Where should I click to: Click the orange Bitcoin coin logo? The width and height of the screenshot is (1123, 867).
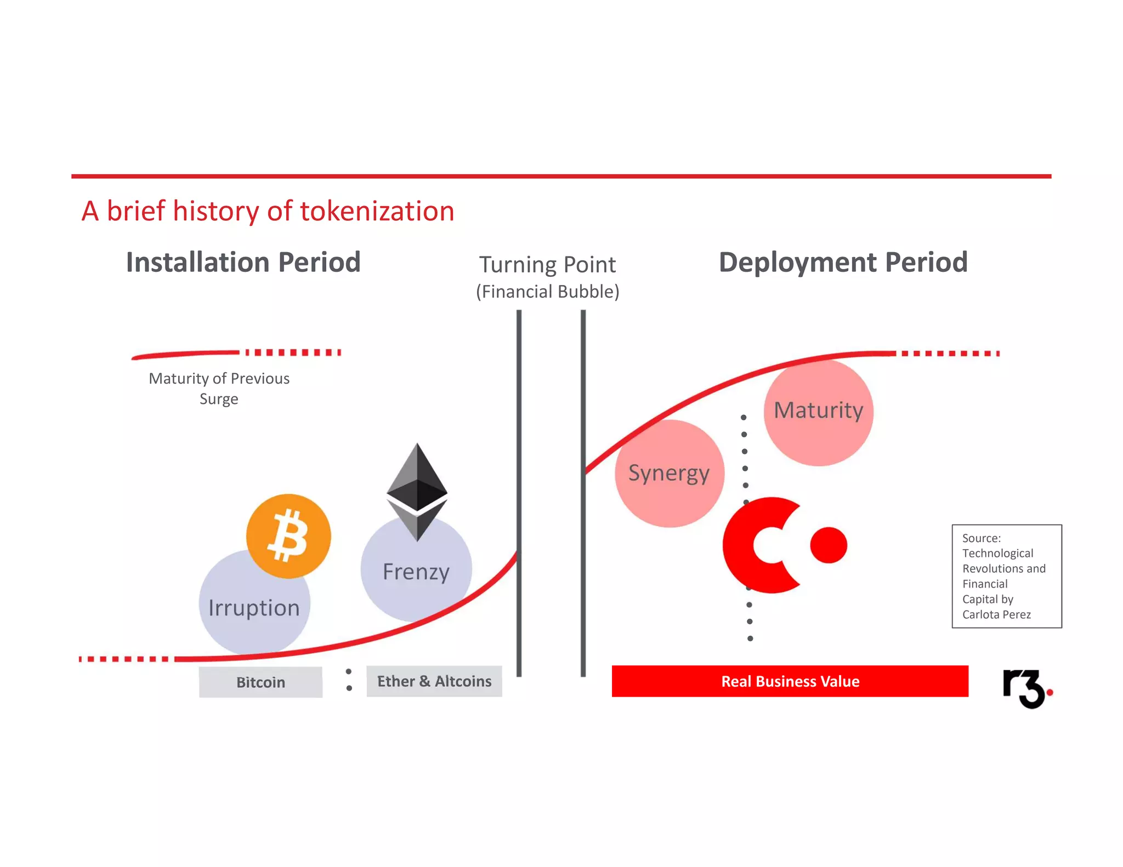(x=288, y=536)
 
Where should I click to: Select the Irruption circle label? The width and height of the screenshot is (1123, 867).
(x=254, y=608)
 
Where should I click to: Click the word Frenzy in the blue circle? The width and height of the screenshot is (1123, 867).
(x=416, y=572)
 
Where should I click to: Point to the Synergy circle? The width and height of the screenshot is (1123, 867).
(x=669, y=474)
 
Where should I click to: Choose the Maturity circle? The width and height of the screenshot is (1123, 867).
(x=818, y=411)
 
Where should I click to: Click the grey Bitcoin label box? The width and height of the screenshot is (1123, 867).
(x=260, y=682)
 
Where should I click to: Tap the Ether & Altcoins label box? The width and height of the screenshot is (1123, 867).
(x=434, y=681)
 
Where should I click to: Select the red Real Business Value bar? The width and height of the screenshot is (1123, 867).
(x=790, y=681)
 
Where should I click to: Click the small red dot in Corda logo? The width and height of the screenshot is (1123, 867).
(x=829, y=545)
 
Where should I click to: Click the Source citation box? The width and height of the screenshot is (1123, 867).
(x=1006, y=576)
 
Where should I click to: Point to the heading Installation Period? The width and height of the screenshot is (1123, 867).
(x=243, y=262)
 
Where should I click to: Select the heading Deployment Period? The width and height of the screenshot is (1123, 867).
(x=843, y=262)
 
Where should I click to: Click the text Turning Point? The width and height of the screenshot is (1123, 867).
(x=547, y=265)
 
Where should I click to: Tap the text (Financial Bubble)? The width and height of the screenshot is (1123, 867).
(x=547, y=292)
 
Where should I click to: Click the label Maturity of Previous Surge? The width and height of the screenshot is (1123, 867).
(x=219, y=388)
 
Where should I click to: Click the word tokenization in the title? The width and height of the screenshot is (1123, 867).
(x=377, y=211)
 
